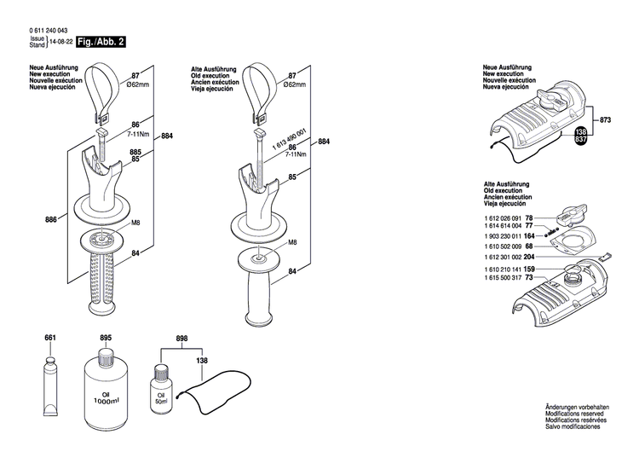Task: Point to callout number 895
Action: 106,339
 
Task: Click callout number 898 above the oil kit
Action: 181,339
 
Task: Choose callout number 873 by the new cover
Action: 605,120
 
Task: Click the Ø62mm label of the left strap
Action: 138,85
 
